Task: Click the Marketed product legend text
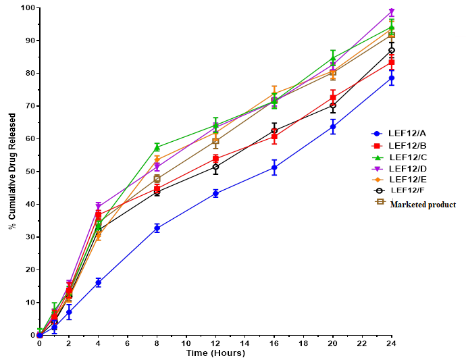coord(422,204)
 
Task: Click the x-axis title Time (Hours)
coord(215,353)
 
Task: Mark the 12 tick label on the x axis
coord(215,343)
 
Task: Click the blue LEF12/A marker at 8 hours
coord(157,228)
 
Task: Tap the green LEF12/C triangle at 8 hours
coord(157,147)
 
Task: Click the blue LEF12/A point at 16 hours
coord(274,168)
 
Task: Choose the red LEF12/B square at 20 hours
coord(333,98)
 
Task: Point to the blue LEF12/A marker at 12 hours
coord(215,193)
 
